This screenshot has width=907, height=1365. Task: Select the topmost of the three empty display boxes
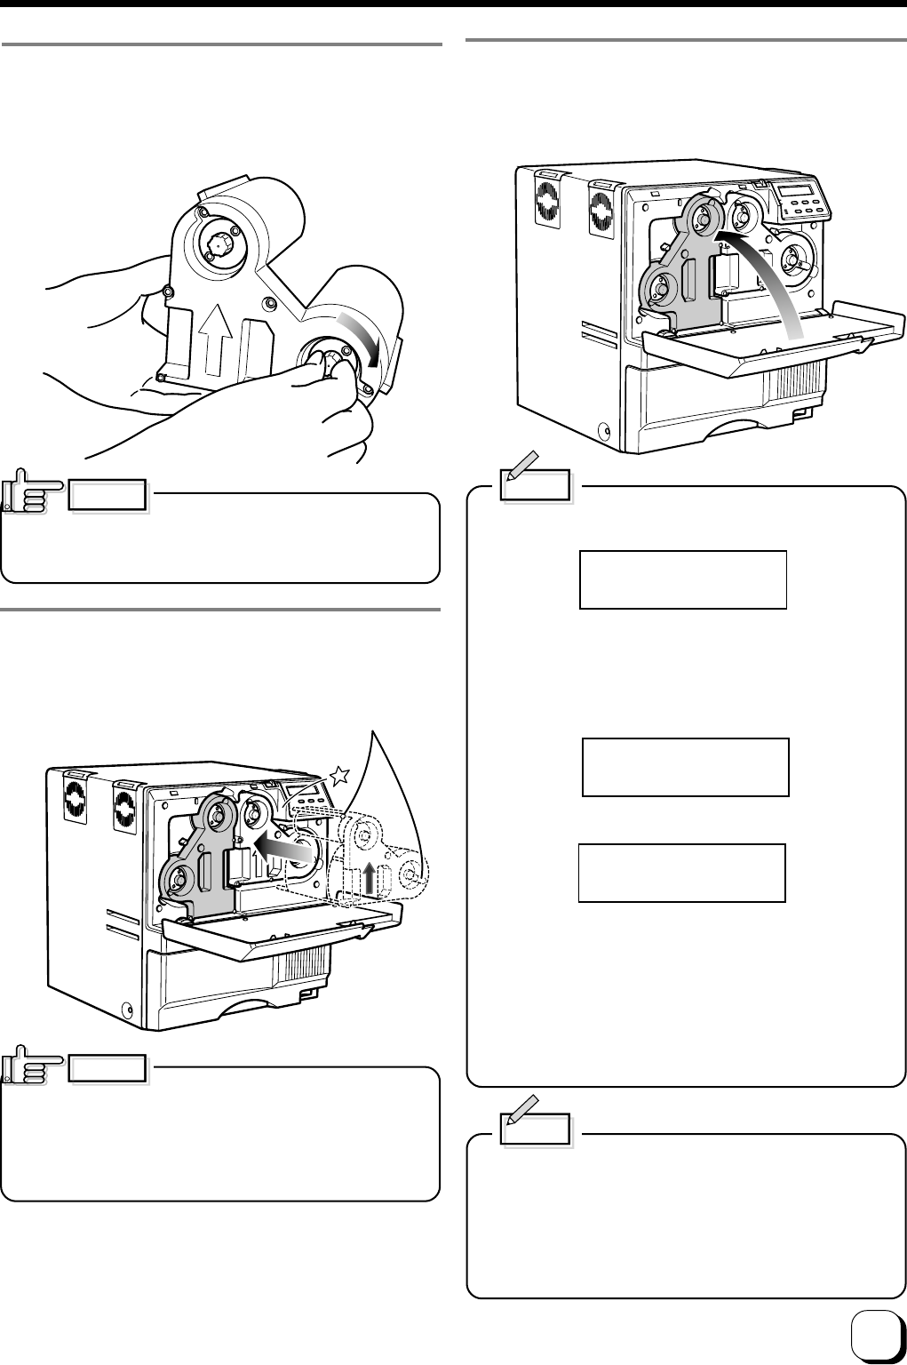click(x=682, y=579)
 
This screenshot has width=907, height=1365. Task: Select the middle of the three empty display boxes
click(x=685, y=766)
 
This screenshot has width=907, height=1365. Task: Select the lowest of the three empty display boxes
click(x=681, y=873)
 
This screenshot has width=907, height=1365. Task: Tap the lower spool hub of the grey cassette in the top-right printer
click(x=660, y=286)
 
